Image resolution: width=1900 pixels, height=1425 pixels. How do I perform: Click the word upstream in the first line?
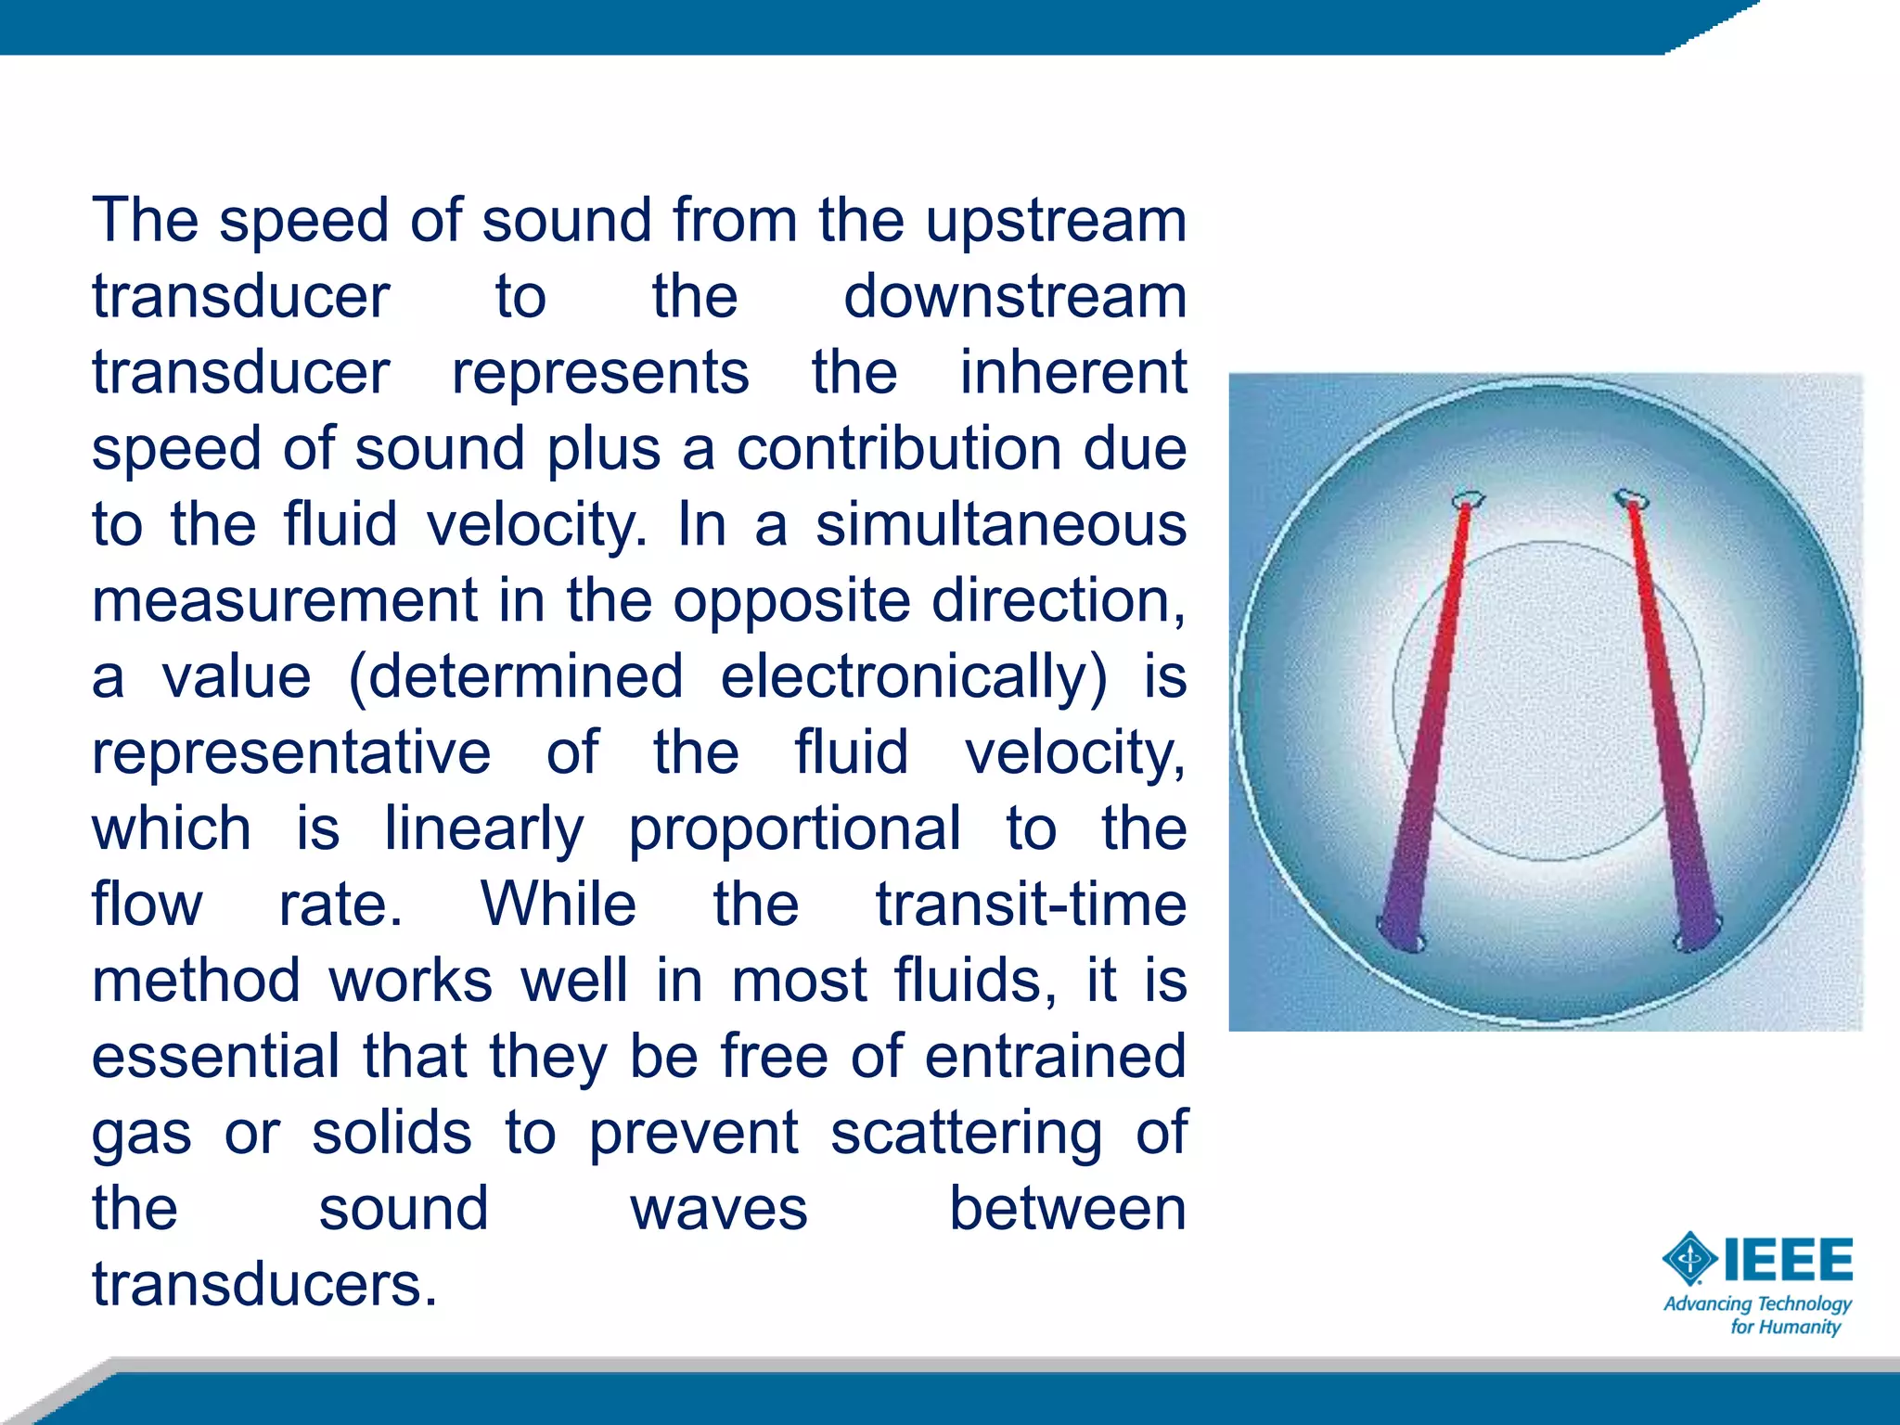coord(1056,223)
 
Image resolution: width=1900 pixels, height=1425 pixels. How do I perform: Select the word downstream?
coord(1015,297)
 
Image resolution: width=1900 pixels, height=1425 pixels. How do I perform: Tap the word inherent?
coord(1072,373)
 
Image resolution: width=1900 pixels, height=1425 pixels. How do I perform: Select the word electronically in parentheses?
coord(913,677)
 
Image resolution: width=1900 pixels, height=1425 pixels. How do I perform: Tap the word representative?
coord(291,752)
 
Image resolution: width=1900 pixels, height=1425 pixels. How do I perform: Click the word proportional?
coord(795,828)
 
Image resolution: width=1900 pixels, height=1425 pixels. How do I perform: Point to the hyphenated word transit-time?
coord(1031,905)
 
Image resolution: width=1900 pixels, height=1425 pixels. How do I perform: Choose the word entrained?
coord(1055,1057)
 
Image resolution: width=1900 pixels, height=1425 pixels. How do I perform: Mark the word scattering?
coord(967,1133)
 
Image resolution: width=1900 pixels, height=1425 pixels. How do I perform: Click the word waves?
coord(719,1209)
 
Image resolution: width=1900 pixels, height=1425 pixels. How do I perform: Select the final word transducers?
coord(263,1285)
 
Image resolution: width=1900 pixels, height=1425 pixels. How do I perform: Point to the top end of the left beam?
coord(1467,501)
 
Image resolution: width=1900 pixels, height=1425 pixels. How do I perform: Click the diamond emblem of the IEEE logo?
coord(1690,1259)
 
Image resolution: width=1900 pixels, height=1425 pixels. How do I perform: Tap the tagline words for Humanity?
coord(1785,1327)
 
